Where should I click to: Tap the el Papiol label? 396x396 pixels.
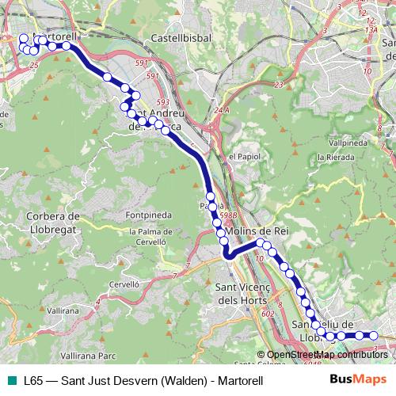(243, 156)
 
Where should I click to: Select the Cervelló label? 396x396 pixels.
(124, 283)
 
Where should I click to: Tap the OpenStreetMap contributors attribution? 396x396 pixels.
(326, 355)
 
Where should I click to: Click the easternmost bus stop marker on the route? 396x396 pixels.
(374, 336)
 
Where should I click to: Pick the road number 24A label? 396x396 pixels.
(221, 110)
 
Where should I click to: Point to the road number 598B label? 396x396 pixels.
(229, 213)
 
